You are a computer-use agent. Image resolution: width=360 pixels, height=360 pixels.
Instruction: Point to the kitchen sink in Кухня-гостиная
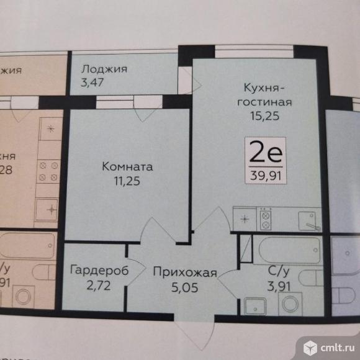(307, 218)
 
